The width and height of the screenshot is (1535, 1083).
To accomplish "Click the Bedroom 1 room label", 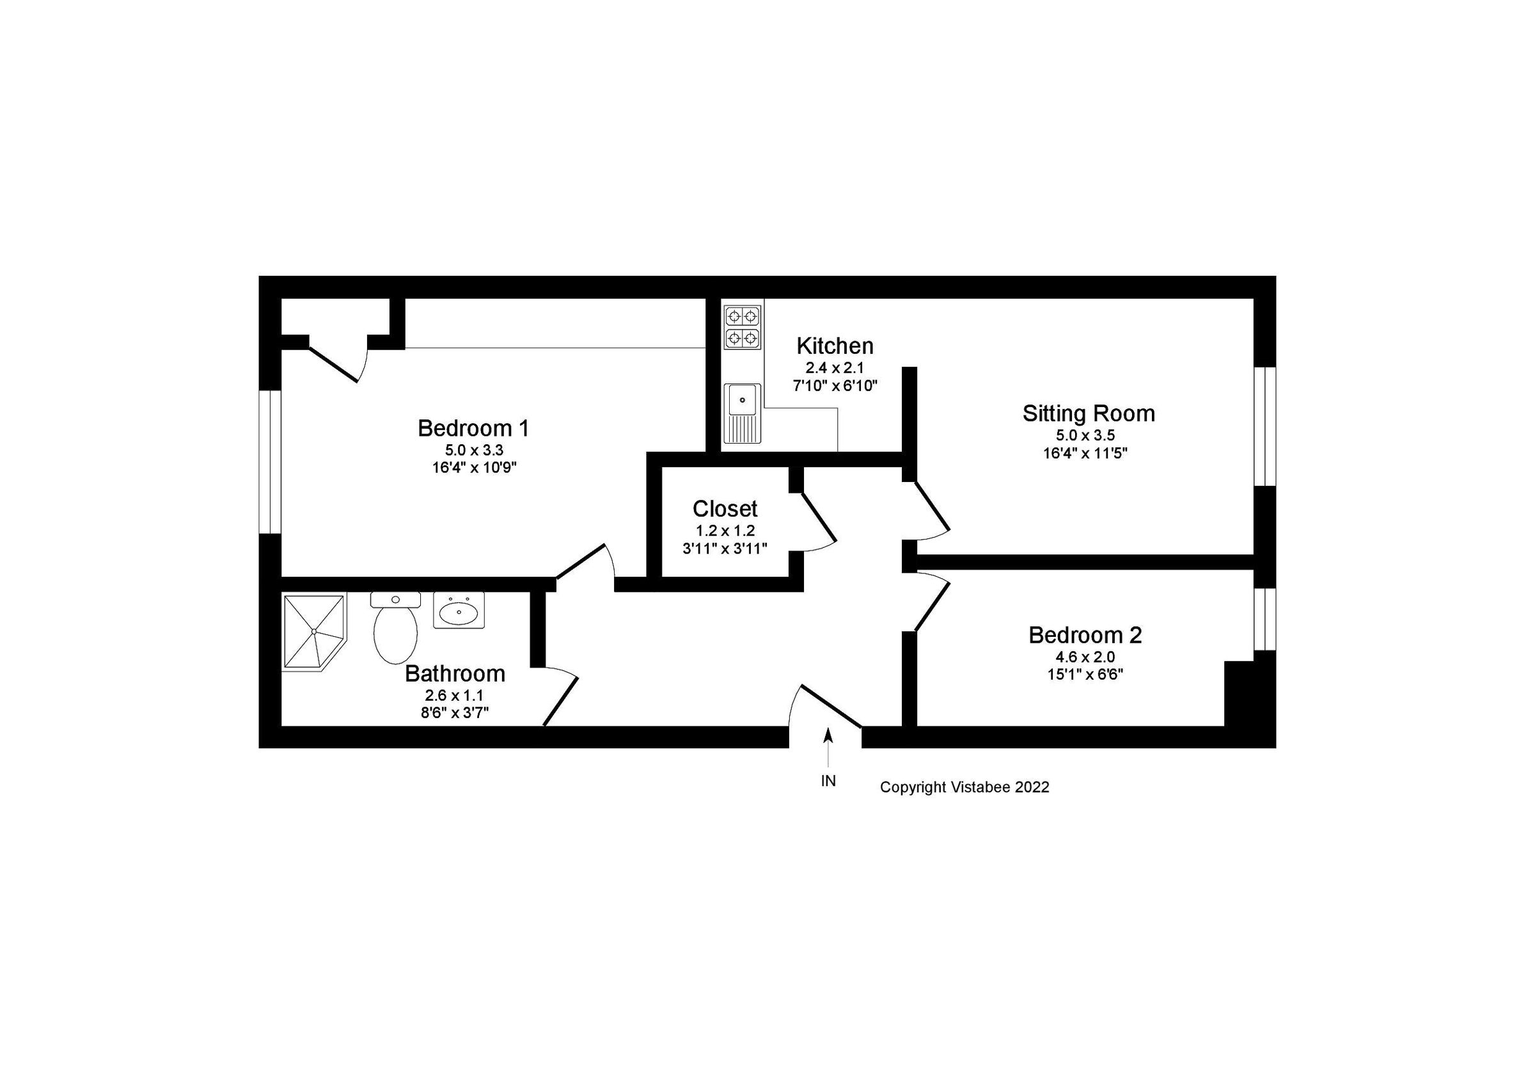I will [473, 428].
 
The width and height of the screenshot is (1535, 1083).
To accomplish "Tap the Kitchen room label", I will [835, 346].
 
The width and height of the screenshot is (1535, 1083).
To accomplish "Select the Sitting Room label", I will [1089, 413].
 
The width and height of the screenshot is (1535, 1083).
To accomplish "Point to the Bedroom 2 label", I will [1085, 635].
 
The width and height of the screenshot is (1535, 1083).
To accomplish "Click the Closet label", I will [725, 509].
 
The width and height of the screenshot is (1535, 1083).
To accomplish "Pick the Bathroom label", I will [455, 673].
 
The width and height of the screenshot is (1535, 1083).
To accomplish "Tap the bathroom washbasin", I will [459, 610].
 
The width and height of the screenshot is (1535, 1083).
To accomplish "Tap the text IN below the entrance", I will [828, 781].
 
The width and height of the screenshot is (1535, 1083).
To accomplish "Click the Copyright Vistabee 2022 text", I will [964, 787].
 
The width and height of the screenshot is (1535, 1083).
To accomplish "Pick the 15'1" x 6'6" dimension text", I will [1085, 674].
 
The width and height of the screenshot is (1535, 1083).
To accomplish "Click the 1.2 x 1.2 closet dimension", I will [725, 531].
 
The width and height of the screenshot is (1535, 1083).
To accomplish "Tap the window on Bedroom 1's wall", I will [270, 461].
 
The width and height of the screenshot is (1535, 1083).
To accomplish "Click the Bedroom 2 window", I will [1264, 619].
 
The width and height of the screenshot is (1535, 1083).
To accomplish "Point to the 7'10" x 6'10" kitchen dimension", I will [835, 386].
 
